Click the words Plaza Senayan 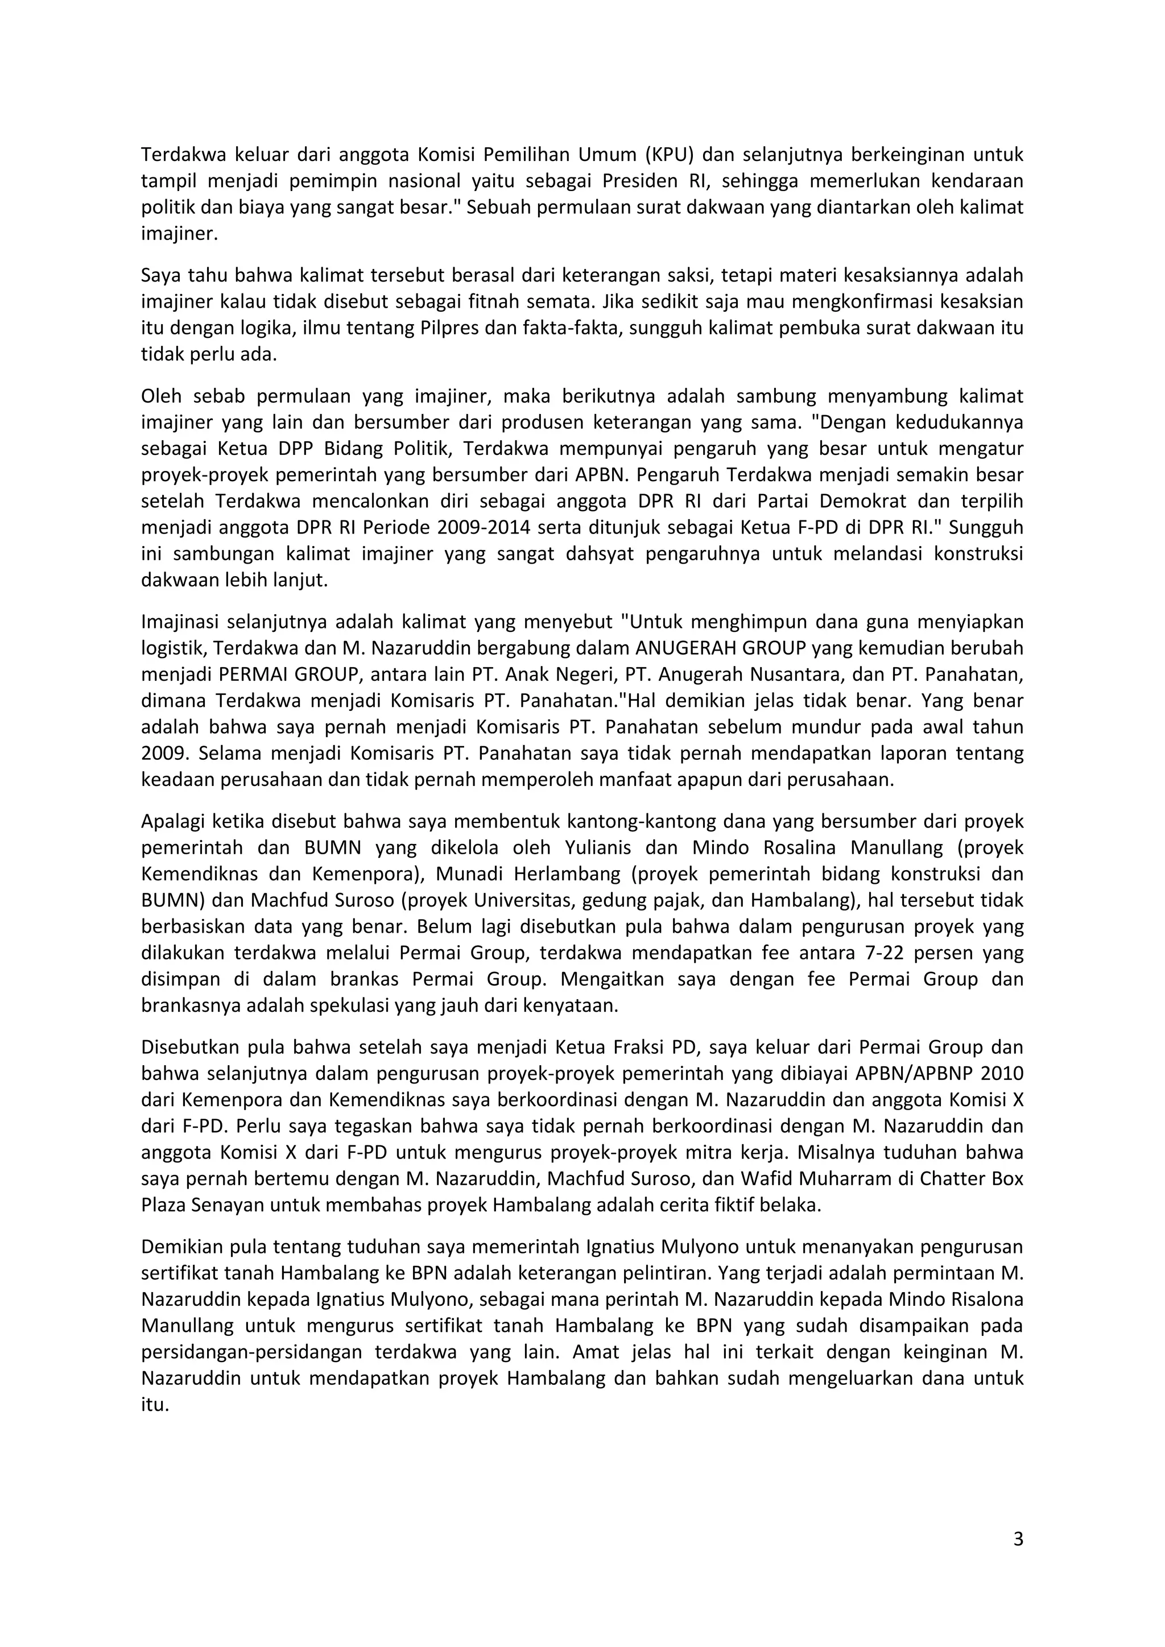203,1205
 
